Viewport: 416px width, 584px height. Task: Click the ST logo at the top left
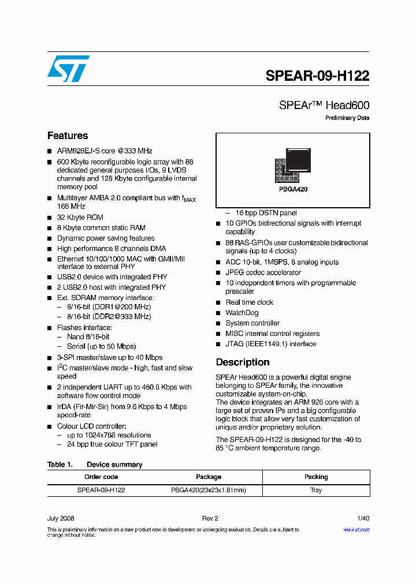click(68, 69)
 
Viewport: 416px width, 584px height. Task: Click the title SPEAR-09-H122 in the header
click(317, 76)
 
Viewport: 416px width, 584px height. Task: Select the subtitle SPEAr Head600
click(324, 105)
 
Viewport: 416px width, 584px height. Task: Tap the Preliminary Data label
click(347, 118)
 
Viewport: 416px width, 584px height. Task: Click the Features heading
click(68, 136)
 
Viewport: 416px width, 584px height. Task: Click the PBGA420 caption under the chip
click(293, 189)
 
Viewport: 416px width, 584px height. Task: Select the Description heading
click(243, 362)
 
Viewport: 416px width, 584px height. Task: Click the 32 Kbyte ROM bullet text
click(80, 218)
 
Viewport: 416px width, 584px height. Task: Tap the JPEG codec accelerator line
click(263, 272)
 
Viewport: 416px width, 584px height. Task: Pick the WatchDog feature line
click(242, 313)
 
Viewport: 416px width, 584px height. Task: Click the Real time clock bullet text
click(249, 302)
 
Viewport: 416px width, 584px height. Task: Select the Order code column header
click(101, 477)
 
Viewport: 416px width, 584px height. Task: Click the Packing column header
click(316, 477)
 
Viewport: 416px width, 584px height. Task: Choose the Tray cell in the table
click(316, 490)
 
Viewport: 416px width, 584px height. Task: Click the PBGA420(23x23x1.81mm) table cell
click(209, 490)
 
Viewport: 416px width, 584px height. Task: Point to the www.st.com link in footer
click(356, 530)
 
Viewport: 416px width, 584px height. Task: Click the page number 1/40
click(362, 519)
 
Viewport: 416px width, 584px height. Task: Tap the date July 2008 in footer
click(61, 519)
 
